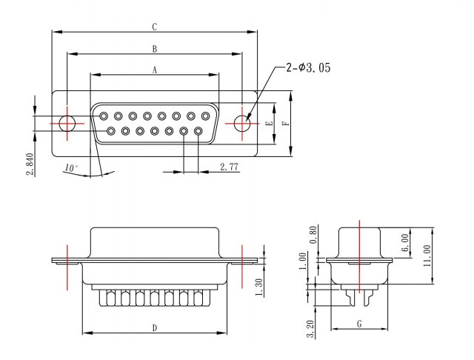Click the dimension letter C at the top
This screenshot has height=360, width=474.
pyautogui.click(x=155, y=27)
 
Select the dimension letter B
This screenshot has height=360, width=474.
pyautogui.click(x=155, y=49)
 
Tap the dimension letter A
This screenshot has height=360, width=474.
pyautogui.click(x=155, y=70)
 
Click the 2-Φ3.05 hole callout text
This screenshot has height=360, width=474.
pyautogui.click(x=308, y=67)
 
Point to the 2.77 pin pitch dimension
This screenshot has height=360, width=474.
pyautogui.click(x=229, y=167)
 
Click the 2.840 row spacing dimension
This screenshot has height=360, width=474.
pyautogui.click(x=30, y=164)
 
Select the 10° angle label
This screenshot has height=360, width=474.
pyautogui.click(x=71, y=167)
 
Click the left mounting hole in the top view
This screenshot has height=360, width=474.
pyautogui.click(x=67, y=123)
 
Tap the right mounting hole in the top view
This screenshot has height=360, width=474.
pyautogui.click(x=242, y=123)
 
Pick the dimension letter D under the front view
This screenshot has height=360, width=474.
pyautogui.click(x=155, y=328)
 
